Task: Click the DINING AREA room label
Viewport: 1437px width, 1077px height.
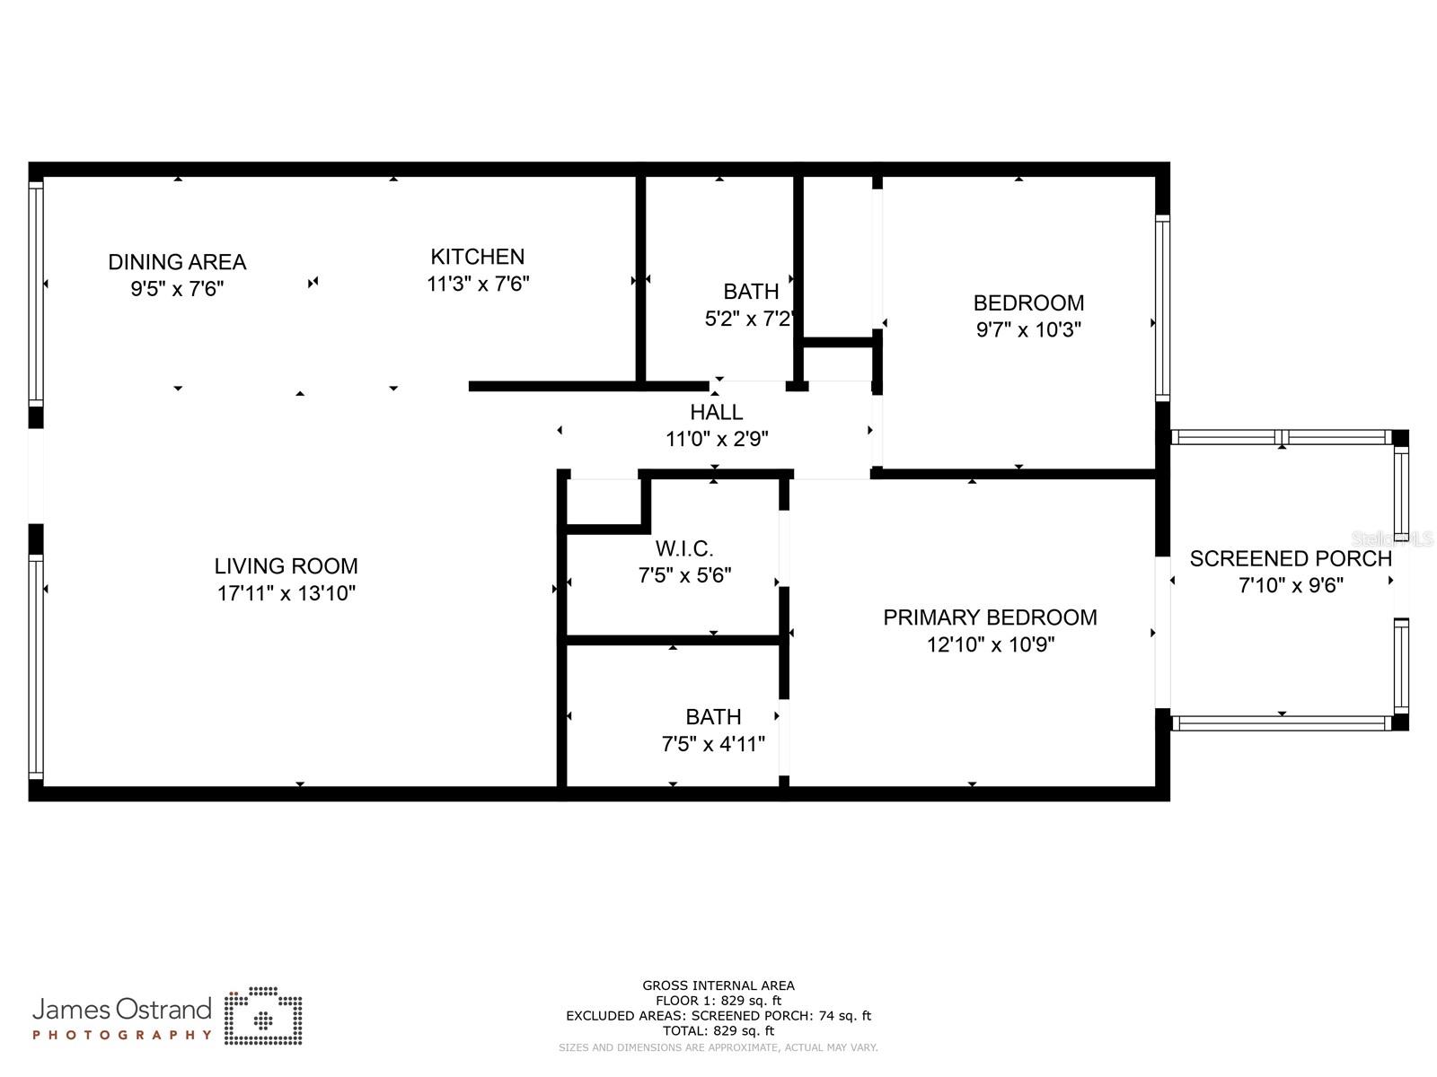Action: click(x=177, y=262)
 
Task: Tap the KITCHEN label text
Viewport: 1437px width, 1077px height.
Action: click(x=477, y=257)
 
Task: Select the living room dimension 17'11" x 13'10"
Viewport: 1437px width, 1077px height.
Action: click(x=287, y=593)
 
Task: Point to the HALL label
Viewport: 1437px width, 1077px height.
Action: click(x=716, y=412)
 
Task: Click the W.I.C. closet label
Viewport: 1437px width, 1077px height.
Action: click(x=684, y=548)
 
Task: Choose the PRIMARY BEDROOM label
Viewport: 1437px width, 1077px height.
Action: click(x=990, y=617)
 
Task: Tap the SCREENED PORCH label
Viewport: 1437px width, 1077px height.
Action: click(x=1291, y=558)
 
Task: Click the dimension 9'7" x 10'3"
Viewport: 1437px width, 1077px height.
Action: click(x=1028, y=329)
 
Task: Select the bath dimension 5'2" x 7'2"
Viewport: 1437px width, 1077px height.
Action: click(x=750, y=319)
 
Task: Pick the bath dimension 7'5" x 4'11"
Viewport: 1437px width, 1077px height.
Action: click(x=713, y=743)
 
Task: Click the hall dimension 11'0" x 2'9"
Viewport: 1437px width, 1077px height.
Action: click(x=717, y=439)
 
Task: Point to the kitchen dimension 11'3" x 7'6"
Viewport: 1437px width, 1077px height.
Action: click(x=478, y=284)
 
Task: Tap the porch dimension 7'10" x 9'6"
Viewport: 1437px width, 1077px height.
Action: click(x=1291, y=585)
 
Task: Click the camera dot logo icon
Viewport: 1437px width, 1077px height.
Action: click(x=263, y=1016)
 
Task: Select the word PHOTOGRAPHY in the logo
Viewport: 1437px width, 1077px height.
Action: click(x=122, y=1035)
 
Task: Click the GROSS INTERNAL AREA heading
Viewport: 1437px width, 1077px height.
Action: click(x=718, y=985)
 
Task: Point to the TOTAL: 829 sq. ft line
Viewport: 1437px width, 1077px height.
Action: click(x=718, y=1031)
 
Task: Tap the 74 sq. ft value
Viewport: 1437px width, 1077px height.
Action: click(x=844, y=1016)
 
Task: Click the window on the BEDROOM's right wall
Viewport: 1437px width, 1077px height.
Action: click(x=1162, y=308)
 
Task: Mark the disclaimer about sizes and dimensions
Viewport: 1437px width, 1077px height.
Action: click(x=718, y=1047)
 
